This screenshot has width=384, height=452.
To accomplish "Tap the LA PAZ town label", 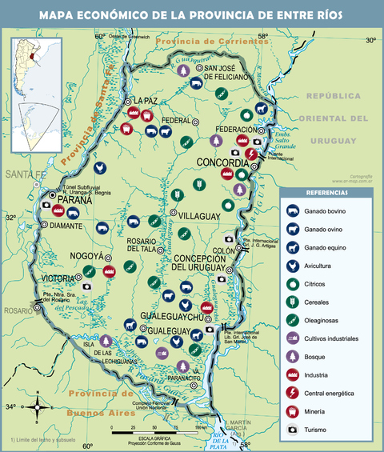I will (x=146, y=101).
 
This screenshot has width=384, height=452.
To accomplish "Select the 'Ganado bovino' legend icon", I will (x=294, y=211).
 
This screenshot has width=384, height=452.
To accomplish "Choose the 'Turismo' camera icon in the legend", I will (x=294, y=430).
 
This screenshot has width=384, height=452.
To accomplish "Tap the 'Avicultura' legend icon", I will (x=294, y=266).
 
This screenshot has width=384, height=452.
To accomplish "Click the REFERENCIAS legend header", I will (x=326, y=193).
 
